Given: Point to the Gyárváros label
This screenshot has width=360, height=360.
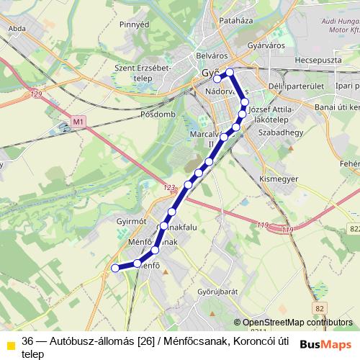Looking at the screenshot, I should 266,45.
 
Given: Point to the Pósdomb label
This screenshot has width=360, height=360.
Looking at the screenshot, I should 158,114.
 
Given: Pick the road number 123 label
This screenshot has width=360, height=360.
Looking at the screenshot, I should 169,188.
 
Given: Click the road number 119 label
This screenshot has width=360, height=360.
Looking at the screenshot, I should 287,229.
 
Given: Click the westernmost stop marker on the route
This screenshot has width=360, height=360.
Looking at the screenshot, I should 114,268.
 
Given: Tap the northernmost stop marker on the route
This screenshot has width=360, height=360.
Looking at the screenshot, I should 230,71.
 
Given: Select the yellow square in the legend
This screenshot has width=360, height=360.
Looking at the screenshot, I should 11,344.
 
